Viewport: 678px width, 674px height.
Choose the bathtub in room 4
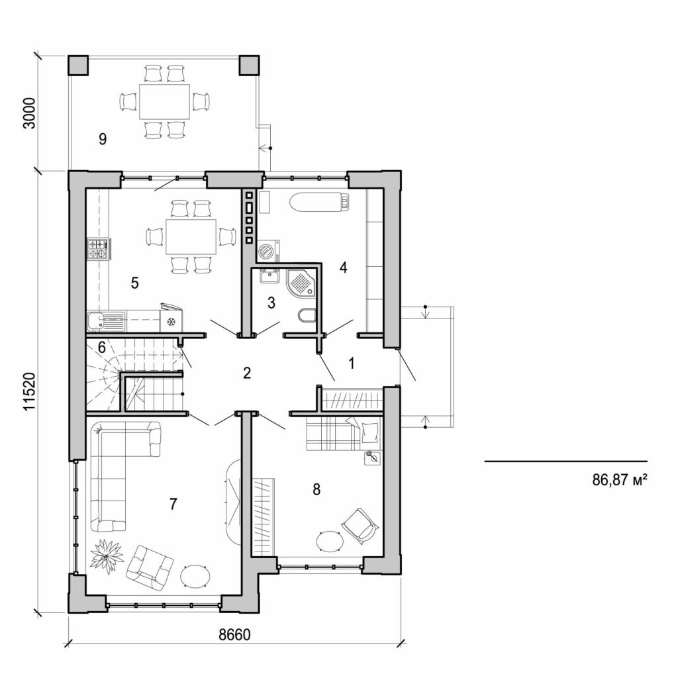tap(318, 201)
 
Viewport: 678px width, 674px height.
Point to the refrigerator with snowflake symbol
tap(171, 320)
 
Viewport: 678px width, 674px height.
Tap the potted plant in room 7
tap(106, 555)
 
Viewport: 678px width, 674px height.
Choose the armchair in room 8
tap(360, 524)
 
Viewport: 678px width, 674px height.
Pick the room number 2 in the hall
tap(246, 373)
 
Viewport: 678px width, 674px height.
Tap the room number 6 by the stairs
tap(101, 346)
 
